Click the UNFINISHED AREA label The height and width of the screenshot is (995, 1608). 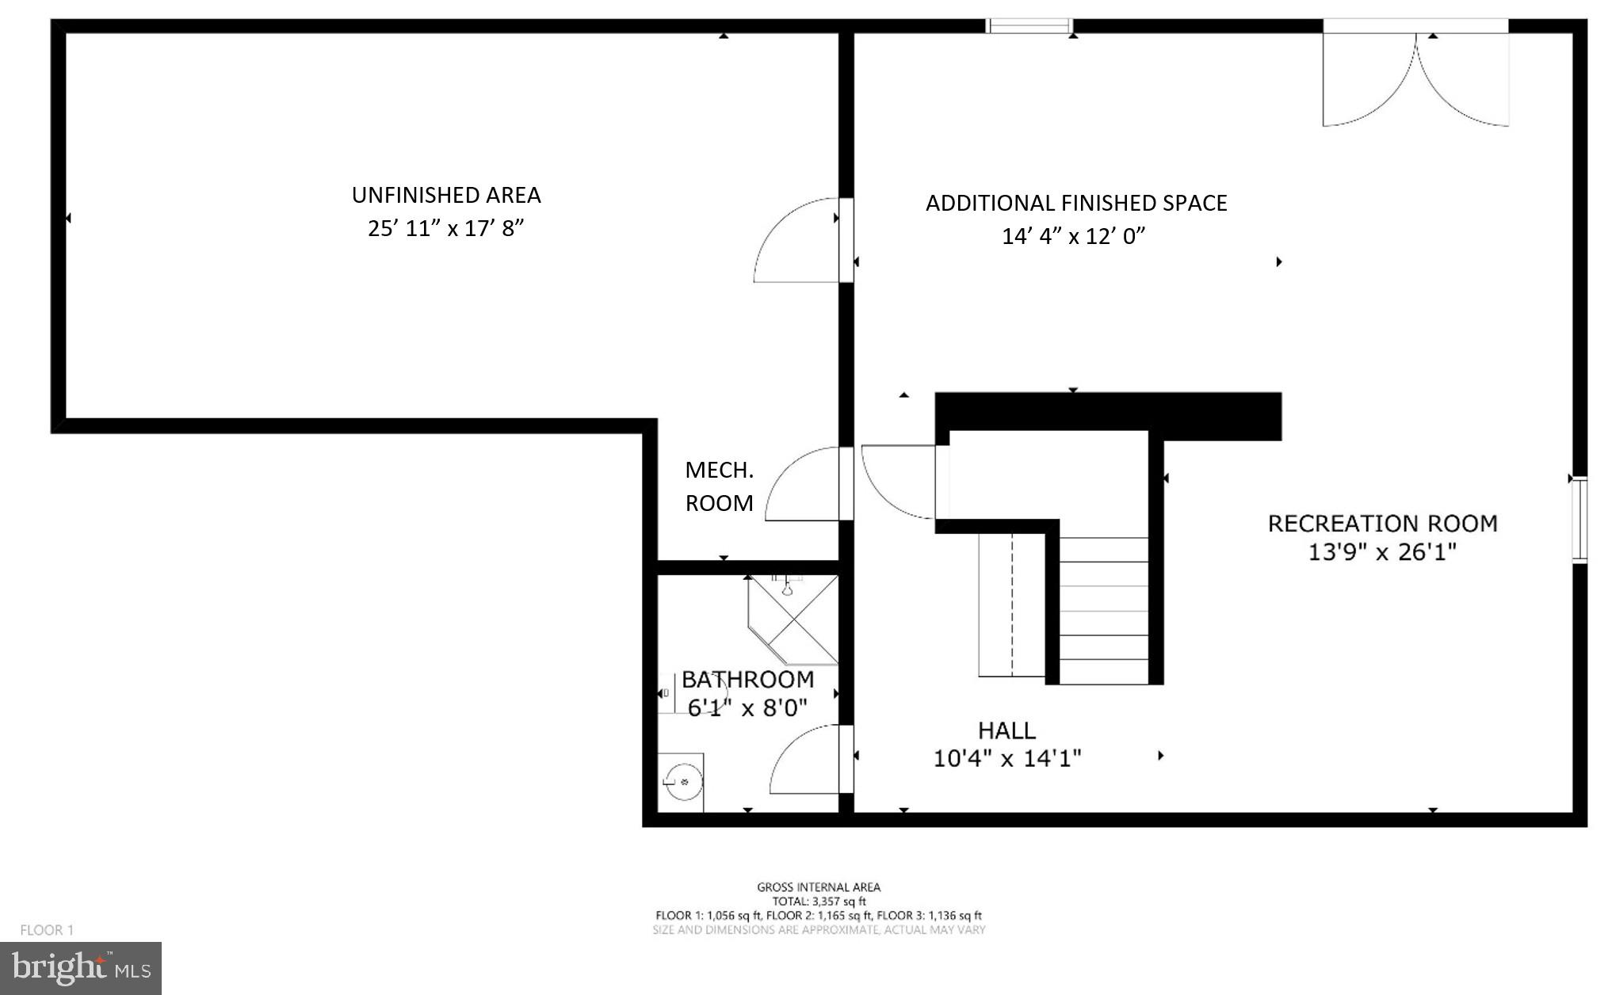[446, 195]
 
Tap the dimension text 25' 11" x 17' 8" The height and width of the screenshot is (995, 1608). [446, 229]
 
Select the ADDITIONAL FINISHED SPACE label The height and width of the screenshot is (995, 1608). [1076, 204]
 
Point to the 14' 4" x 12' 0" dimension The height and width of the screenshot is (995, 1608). [1074, 236]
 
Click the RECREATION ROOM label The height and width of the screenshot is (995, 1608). [1382, 524]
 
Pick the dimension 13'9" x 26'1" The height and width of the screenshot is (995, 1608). [1382, 552]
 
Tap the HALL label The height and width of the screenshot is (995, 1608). [1006, 730]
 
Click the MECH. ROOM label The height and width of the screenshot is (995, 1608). [719, 486]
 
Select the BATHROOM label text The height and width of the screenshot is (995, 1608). [747, 680]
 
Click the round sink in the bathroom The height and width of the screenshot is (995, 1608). [682, 783]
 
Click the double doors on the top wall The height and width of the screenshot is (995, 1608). [1415, 75]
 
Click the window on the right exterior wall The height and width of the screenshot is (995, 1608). [1579, 520]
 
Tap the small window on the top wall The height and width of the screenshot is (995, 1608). [1029, 26]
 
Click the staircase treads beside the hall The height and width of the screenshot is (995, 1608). [1103, 610]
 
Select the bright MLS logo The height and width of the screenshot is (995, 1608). [81, 968]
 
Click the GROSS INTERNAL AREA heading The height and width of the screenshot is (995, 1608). [819, 887]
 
